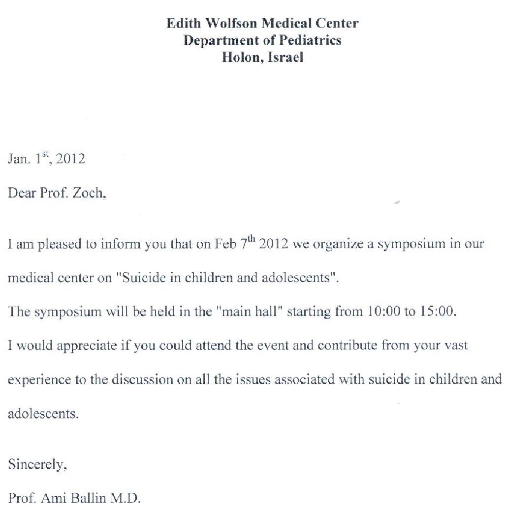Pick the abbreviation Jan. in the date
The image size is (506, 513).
click(x=18, y=160)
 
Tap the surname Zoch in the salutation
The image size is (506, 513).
click(x=89, y=193)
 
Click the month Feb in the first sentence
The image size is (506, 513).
click(x=226, y=244)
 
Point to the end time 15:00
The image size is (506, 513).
click(x=435, y=312)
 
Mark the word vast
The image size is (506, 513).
click(x=457, y=346)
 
